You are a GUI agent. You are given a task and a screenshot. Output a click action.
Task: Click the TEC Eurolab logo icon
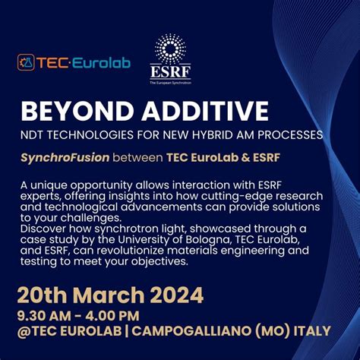pyautogui.click(x=27, y=62)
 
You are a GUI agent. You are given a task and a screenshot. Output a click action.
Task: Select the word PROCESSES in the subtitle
pyautogui.click(x=293, y=135)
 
